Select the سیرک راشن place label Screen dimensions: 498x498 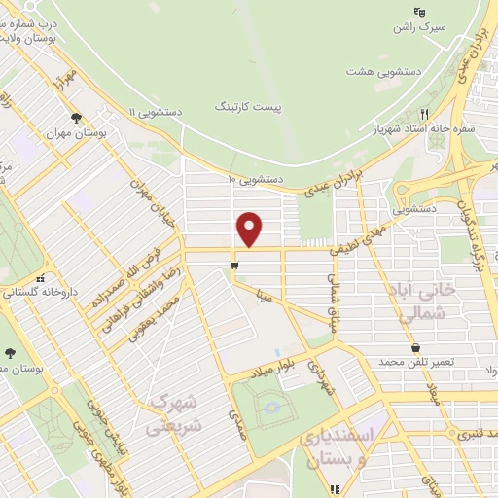coord(417,28)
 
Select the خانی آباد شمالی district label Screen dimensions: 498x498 coord(435,303)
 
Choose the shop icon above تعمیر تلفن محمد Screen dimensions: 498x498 coord(416,346)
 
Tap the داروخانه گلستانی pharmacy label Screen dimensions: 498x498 coord(41,291)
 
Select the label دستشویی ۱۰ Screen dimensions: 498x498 coord(255,179)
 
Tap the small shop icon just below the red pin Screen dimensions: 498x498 coord(233,266)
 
